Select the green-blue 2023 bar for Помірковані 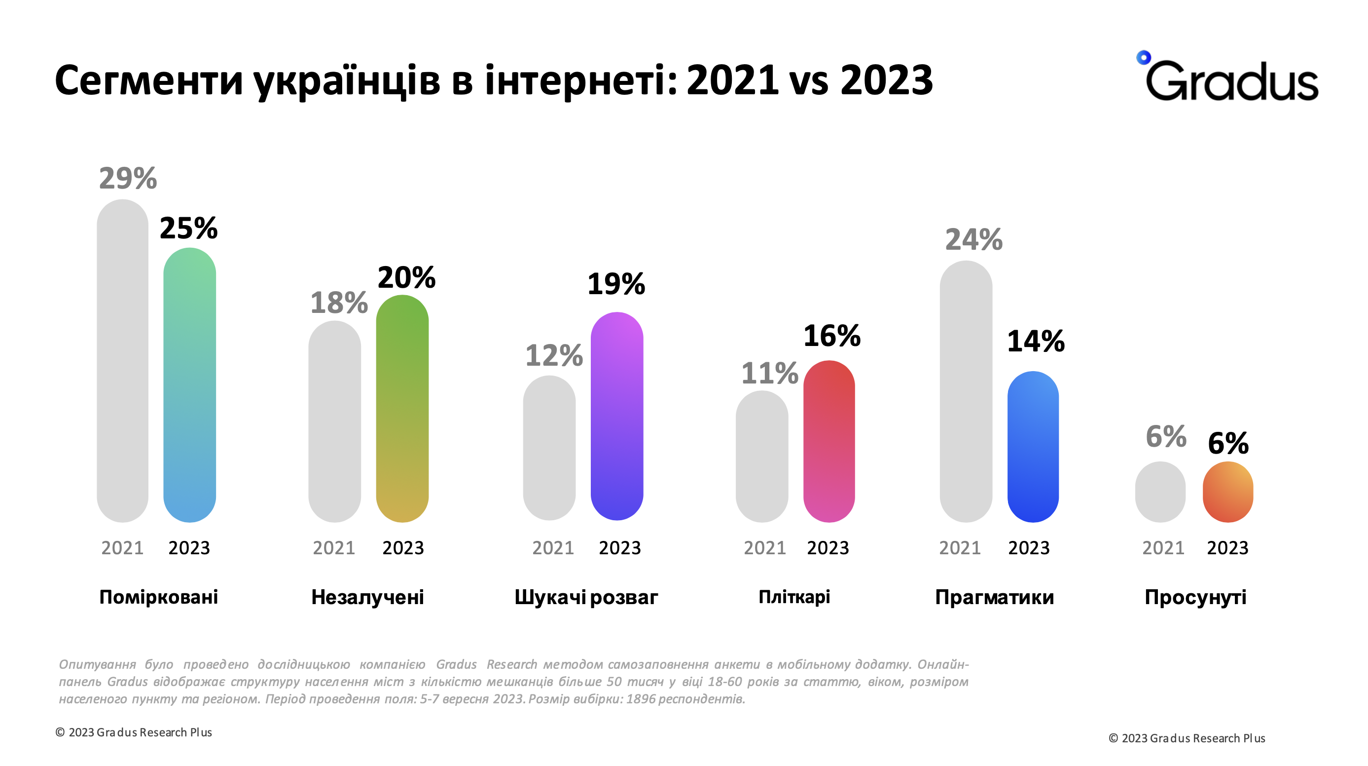(x=189, y=385)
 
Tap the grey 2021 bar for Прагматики (x=966, y=391)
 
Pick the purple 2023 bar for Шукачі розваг (x=616, y=416)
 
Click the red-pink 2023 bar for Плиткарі (x=829, y=441)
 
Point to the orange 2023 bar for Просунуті (x=1227, y=492)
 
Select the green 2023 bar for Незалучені (x=402, y=408)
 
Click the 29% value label (x=128, y=179)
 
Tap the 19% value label (x=616, y=284)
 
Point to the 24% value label (x=974, y=240)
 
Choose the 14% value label (x=1036, y=341)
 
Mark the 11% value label (x=769, y=373)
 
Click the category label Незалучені (x=367, y=597)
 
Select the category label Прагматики (x=994, y=597)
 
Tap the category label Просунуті (x=1195, y=597)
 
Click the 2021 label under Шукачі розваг (x=553, y=548)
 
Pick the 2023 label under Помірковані (x=189, y=548)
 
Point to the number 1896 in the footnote (x=641, y=698)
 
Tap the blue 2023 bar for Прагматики (x=1033, y=447)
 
